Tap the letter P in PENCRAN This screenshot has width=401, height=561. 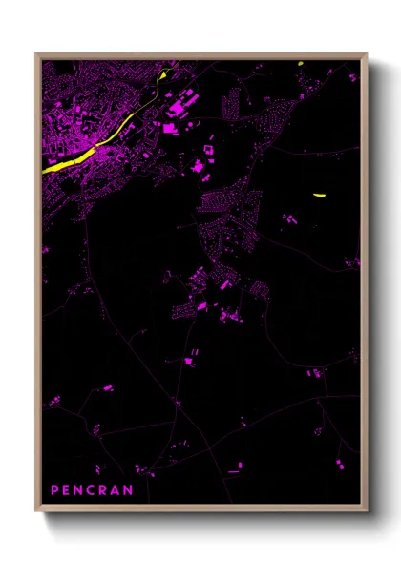point(54,490)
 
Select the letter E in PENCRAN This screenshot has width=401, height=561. point(67,490)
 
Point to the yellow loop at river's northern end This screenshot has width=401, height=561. point(167,73)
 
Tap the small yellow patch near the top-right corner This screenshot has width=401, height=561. point(300,64)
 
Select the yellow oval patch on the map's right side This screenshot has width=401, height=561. point(318,196)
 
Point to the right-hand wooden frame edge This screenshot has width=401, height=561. point(364,286)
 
